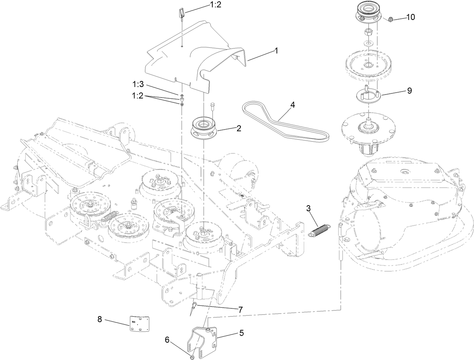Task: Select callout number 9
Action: [409, 91]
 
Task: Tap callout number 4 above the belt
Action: [293, 105]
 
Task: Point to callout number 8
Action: [99, 319]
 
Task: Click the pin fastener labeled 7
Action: [194, 307]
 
